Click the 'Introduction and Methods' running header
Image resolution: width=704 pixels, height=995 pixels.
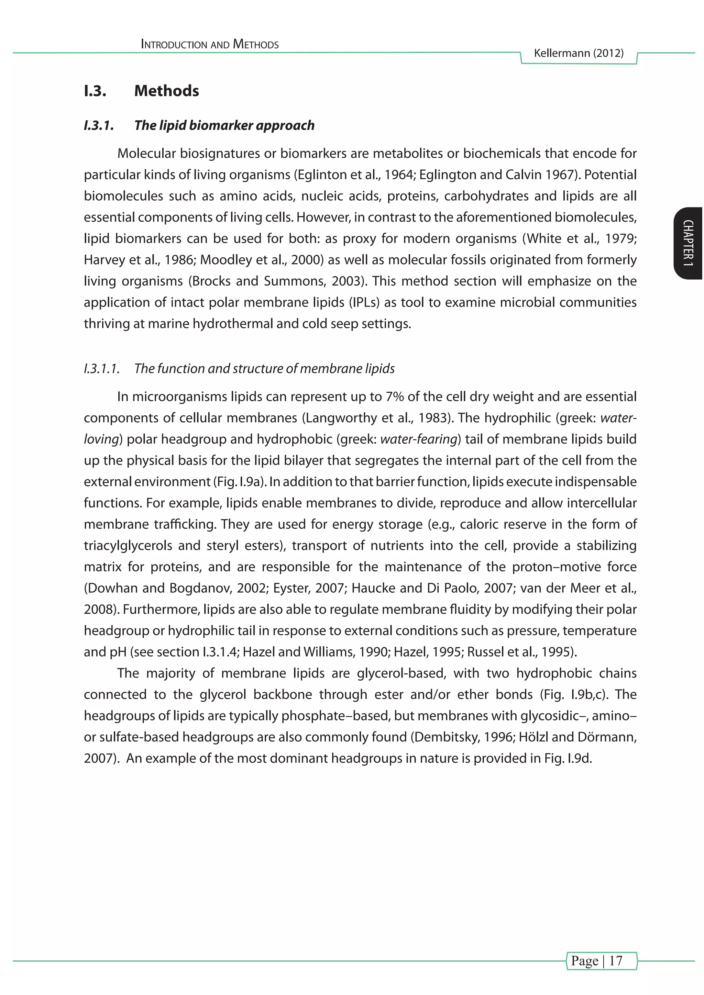(x=210, y=44)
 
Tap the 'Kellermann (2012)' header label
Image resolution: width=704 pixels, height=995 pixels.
(x=578, y=53)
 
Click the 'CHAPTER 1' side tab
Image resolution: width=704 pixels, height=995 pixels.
(x=688, y=243)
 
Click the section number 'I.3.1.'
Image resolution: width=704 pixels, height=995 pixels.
(x=99, y=126)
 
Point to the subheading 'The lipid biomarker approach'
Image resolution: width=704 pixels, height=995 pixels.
(x=224, y=126)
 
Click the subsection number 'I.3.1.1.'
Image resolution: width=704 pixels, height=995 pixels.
(x=101, y=369)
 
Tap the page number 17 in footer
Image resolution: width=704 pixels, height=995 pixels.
(x=616, y=961)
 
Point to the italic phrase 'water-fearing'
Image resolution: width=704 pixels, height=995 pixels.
(x=419, y=439)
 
